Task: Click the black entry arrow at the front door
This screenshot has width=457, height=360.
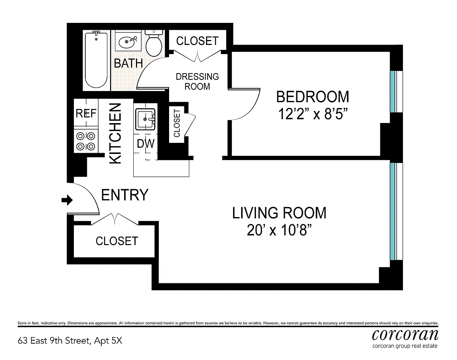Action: click(67, 200)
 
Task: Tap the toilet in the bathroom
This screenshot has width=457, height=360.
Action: click(154, 43)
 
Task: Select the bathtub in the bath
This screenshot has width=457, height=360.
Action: click(96, 59)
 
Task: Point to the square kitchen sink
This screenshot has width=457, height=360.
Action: click(145, 119)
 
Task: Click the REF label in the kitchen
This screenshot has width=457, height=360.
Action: click(86, 113)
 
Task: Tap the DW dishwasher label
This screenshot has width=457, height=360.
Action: click(146, 144)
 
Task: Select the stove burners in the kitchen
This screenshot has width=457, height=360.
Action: click(86, 141)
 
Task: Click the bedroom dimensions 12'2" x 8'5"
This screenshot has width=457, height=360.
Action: click(313, 114)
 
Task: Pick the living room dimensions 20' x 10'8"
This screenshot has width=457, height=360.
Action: click(279, 230)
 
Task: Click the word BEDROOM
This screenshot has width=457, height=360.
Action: click(313, 97)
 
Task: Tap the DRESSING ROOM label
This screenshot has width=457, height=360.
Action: click(197, 82)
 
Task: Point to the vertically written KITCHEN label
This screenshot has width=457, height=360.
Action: click(115, 133)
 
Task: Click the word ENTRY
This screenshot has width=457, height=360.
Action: click(125, 195)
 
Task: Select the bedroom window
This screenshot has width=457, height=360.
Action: click(396, 91)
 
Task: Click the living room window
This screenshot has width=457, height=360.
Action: click(396, 211)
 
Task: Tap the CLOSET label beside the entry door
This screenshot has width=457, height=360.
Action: click(117, 241)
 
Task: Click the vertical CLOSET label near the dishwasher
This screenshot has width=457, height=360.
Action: click(177, 123)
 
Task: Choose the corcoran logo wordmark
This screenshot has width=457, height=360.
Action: click(405, 334)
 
